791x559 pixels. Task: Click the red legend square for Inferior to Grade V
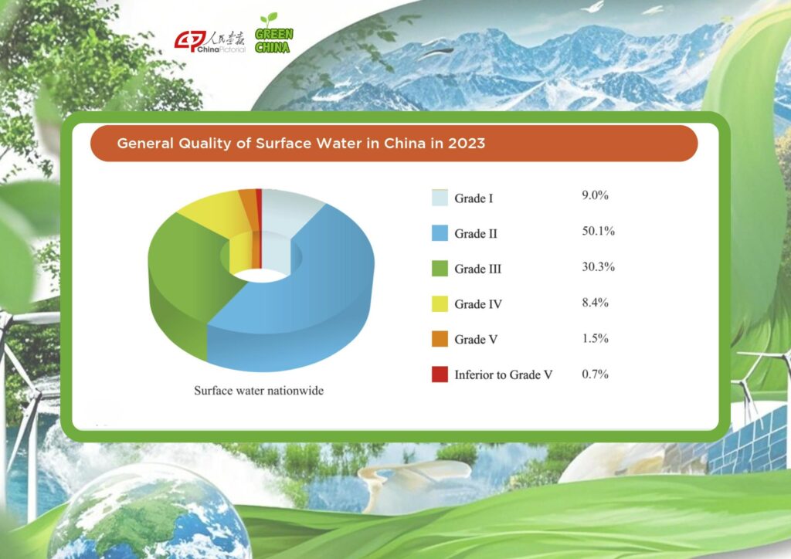440,374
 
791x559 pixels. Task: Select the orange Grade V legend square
440,339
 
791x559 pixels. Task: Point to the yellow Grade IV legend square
440,304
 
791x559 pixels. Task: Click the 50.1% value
599,231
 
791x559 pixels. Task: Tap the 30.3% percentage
599,266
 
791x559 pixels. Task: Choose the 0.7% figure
596,374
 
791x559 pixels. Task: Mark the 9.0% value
596,195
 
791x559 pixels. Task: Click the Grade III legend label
477,269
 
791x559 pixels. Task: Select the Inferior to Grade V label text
504,374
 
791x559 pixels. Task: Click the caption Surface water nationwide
259,391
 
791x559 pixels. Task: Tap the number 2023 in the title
467,143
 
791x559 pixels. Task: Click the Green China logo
274,33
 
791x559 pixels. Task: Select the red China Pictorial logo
209,42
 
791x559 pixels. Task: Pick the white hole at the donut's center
261,275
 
